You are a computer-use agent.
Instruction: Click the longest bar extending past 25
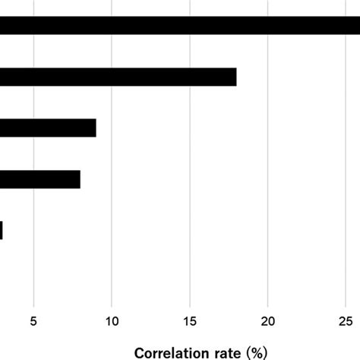click(180, 26)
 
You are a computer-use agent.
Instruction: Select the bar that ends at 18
click(118, 77)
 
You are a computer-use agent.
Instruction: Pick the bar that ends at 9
click(48, 128)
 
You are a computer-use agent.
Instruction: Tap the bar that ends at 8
click(39, 179)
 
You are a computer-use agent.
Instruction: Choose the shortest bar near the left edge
click(2, 230)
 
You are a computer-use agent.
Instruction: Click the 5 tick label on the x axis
click(33, 321)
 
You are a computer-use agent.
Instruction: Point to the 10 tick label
click(112, 321)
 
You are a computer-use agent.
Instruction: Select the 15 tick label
click(190, 321)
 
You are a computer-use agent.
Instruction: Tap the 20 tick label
click(268, 321)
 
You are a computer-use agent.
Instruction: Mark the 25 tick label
click(346, 321)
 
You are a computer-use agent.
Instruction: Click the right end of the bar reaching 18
click(235, 77)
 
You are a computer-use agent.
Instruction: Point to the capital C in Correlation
click(140, 353)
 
